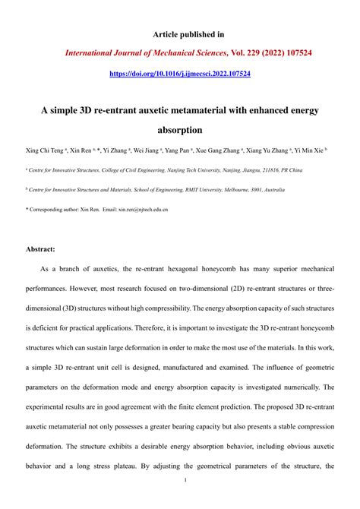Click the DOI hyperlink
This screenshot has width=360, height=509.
coord(180,74)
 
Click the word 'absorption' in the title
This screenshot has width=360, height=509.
coord(180,130)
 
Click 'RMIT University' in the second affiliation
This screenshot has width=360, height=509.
coord(219,190)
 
